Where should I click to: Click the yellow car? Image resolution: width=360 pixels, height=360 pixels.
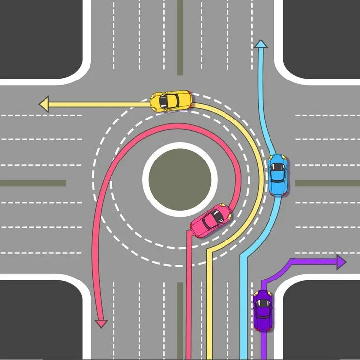pos(171,101)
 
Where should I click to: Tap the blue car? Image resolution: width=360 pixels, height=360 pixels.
pos(277,174)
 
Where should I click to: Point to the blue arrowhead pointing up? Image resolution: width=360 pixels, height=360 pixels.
pos(261,44)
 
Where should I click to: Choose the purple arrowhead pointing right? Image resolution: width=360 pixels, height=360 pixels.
pos(340,262)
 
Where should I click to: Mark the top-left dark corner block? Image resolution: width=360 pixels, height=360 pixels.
pos(40,35)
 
